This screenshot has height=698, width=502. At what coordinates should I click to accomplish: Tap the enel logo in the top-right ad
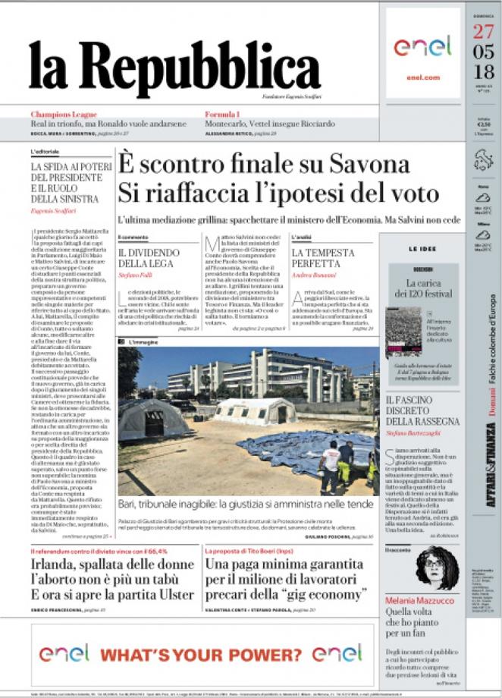coord(422,46)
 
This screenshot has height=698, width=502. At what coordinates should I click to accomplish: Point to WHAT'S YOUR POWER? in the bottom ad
coord(203,654)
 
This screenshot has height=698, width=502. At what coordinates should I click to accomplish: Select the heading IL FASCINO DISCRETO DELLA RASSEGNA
coord(422,410)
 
